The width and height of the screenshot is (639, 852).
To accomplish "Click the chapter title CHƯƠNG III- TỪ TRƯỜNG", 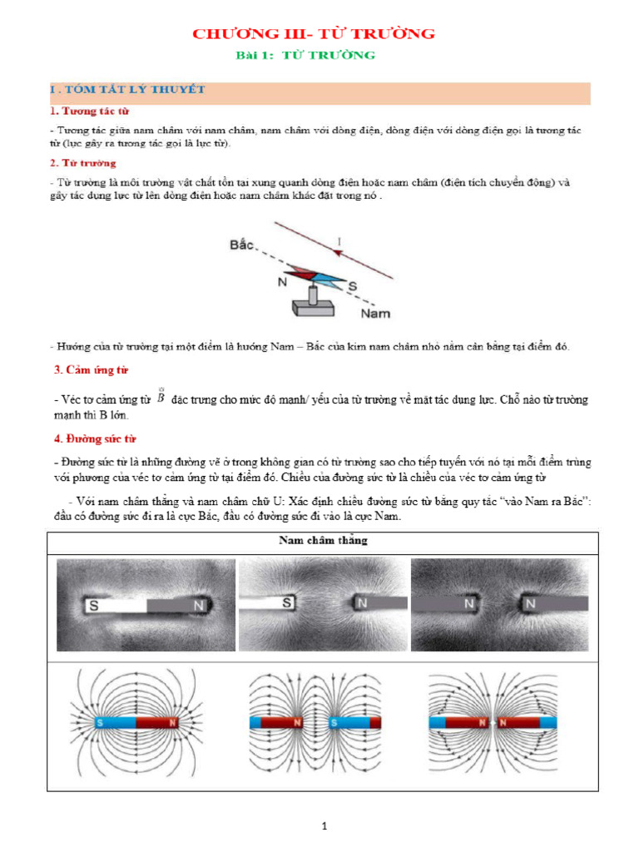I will coord(314,34).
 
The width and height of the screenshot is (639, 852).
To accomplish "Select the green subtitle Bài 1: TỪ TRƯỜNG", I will coord(305,56).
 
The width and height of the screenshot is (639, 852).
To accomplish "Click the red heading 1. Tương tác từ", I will coord(89,111).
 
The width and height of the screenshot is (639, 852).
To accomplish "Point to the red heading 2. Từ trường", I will coord(83,163).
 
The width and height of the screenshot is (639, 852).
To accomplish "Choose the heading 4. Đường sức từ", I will coord(94,438).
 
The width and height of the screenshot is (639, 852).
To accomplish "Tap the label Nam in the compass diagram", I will coord(375,314).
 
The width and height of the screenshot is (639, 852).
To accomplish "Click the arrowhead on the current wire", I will coord(339,250).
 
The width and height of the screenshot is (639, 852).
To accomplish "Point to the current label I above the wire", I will coord(339,241).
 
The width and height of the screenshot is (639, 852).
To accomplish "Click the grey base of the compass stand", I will coord(314,308).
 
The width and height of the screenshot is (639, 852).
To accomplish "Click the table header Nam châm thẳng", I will coord(323,541).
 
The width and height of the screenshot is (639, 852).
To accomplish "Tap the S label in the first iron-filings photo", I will coord(94,607).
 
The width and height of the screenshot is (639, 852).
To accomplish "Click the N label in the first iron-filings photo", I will coord(198,607).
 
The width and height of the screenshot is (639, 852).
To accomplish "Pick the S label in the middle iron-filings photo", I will coord(285,602).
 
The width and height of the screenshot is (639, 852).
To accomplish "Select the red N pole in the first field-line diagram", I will coord(172,722).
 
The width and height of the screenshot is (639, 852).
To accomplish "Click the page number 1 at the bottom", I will coord(325,826).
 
